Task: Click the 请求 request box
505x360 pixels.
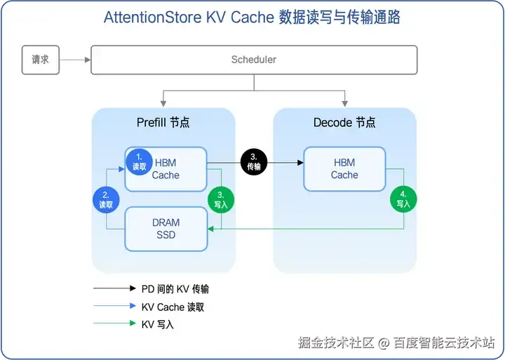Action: click(x=40, y=60)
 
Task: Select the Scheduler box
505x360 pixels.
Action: click(x=254, y=60)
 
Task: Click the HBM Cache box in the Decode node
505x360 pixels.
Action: click(x=344, y=169)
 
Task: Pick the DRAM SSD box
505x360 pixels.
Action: click(x=166, y=229)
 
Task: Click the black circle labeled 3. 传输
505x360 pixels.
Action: click(x=254, y=162)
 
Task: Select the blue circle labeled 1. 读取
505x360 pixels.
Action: click(x=139, y=162)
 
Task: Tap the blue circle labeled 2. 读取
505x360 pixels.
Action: click(x=106, y=199)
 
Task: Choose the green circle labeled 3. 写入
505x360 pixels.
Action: click(x=221, y=199)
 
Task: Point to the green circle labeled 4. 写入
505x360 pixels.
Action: click(x=403, y=199)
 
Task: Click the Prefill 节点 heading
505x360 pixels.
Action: click(x=163, y=123)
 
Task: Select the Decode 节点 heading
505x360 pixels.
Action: click(x=344, y=123)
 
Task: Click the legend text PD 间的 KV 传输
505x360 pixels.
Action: click(x=175, y=288)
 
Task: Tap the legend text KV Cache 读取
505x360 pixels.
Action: click(x=173, y=307)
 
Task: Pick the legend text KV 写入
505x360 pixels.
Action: click(x=157, y=324)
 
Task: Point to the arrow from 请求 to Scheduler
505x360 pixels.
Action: click(x=74, y=60)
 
